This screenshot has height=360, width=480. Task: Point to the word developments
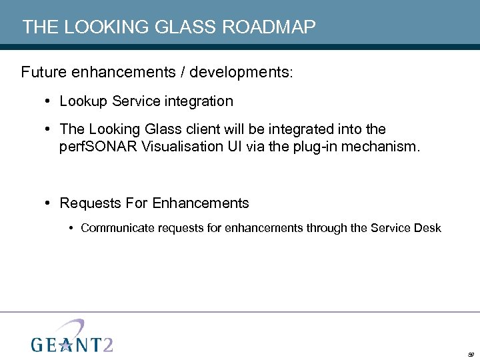247,72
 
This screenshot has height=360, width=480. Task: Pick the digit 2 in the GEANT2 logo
106,344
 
